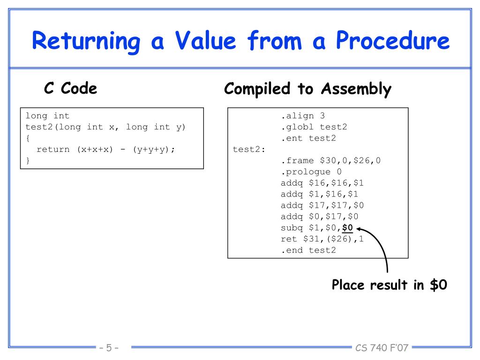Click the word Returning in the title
click(x=86, y=42)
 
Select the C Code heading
click(x=70, y=88)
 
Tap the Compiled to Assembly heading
click(x=307, y=89)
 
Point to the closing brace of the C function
click(x=28, y=161)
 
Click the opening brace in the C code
click(x=28, y=138)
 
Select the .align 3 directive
click(x=302, y=116)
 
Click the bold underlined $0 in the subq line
click(x=347, y=228)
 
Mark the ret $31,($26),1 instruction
click(x=322, y=240)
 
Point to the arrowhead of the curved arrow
click(x=359, y=229)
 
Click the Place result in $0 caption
click(x=389, y=285)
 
